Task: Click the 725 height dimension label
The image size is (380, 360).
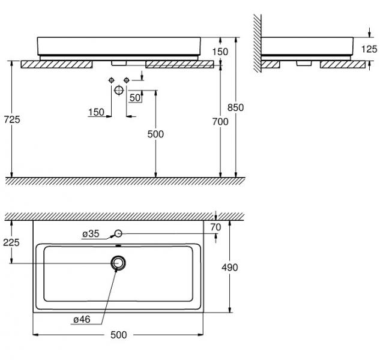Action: tap(11, 119)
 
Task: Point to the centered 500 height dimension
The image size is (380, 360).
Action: tap(155, 134)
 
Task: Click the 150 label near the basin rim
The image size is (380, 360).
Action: tap(220, 52)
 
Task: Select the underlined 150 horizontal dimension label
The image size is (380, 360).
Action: tap(96, 112)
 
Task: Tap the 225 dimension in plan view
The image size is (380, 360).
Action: tap(11, 242)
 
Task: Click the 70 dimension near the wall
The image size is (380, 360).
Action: tap(216, 227)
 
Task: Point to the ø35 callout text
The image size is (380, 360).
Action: tap(91, 233)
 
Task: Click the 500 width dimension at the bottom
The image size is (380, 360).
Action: tap(119, 335)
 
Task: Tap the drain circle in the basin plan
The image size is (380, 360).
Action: tap(119, 263)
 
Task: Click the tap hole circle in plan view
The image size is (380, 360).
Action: tap(119, 233)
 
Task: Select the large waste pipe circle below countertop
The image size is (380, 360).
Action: tap(119, 90)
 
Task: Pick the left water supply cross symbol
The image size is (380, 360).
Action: tap(111, 80)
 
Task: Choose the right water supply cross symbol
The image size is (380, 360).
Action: tap(127, 80)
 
